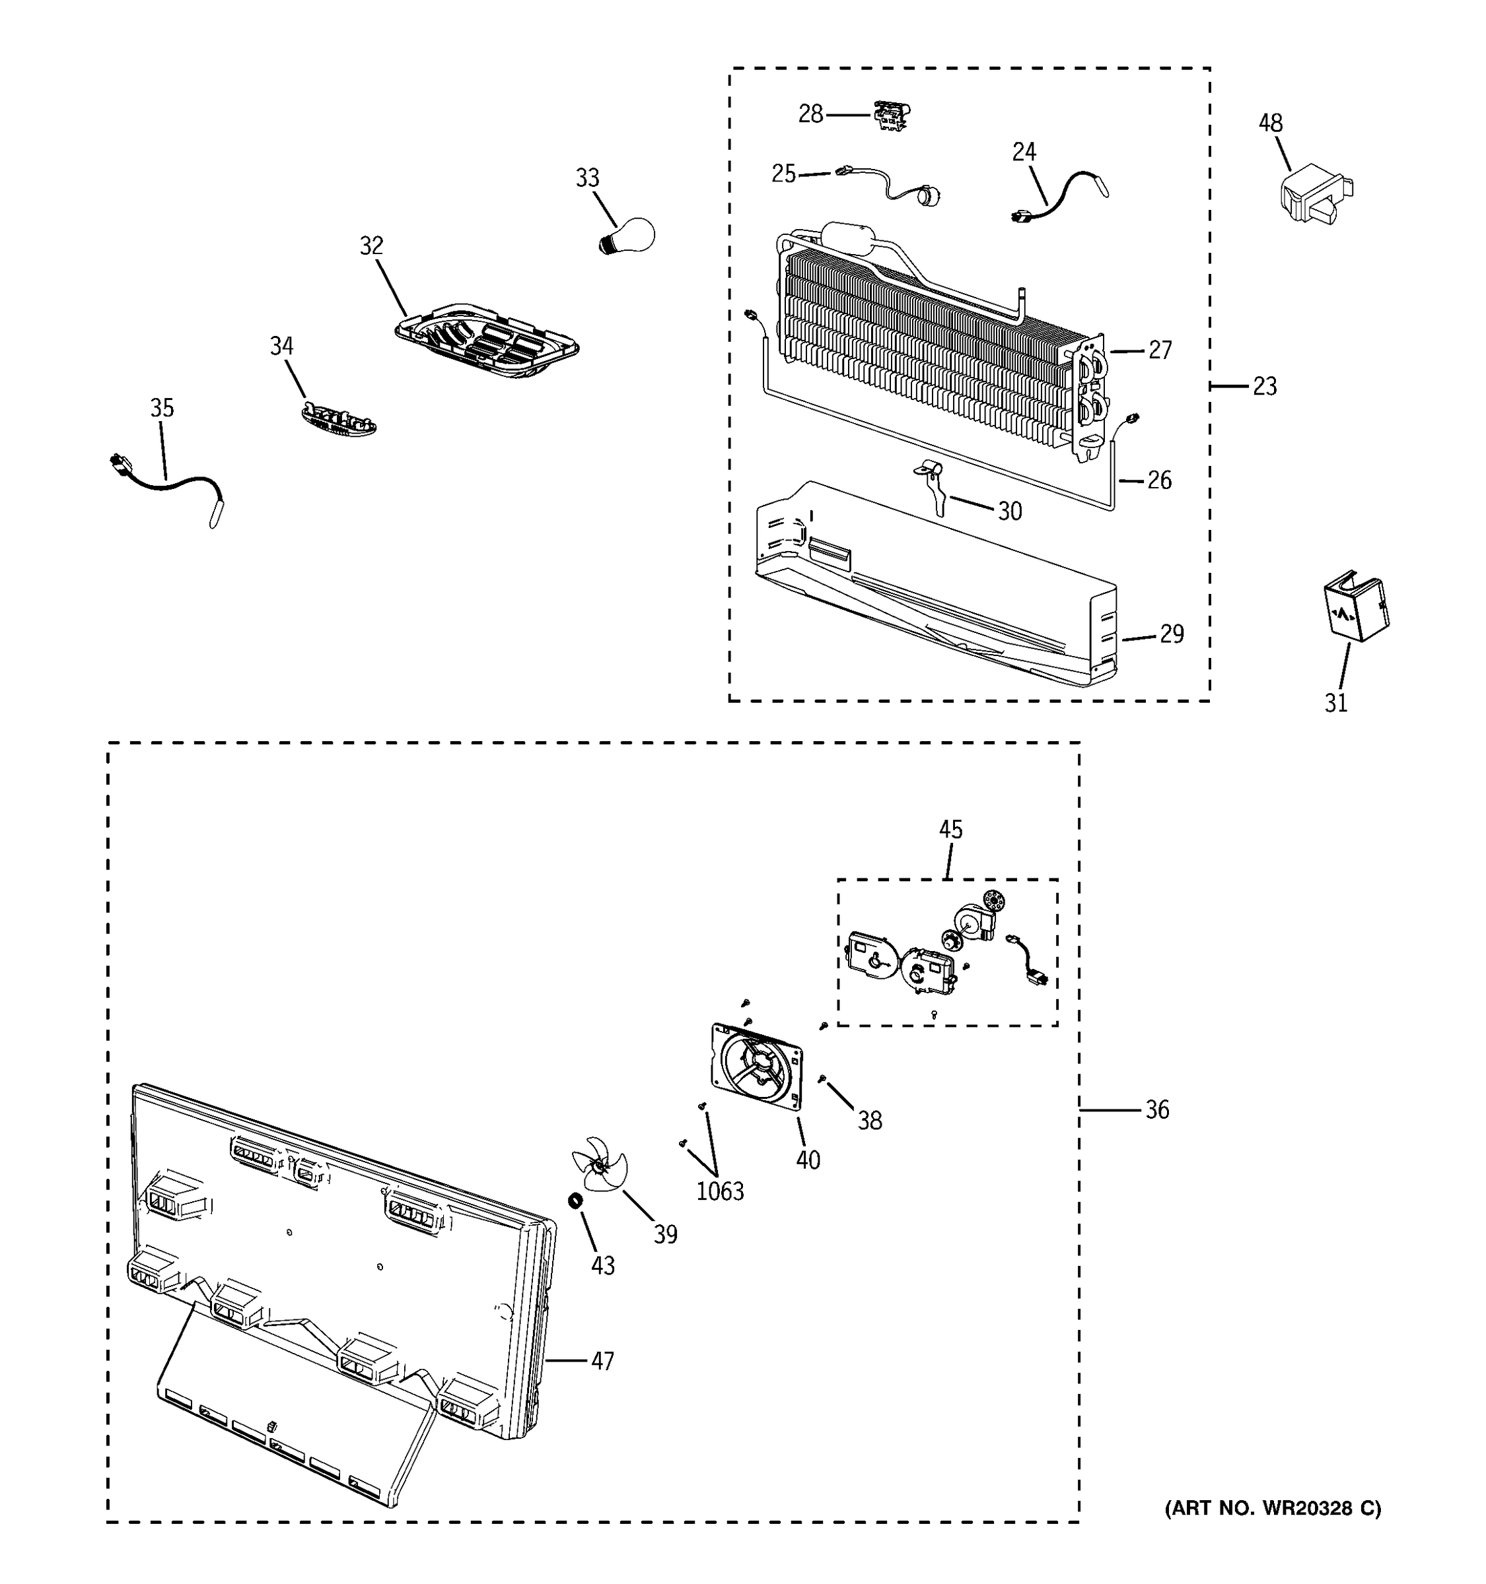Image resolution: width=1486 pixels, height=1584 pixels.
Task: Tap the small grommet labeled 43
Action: pyautogui.click(x=573, y=1200)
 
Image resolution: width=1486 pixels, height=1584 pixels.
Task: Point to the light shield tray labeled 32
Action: pyautogui.click(x=487, y=341)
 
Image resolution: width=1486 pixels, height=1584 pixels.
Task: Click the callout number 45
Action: pyautogui.click(x=950, y=830)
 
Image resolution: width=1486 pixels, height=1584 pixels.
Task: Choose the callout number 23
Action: pyautogui.click(x=1264, y=387)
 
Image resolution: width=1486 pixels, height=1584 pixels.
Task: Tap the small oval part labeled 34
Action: pyautogui.click(x=339, y=418)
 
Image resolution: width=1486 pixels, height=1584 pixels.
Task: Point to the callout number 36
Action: pyautogui.click(x=1156, y=1109)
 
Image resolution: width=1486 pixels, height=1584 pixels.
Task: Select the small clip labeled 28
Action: pyautogui.click(x=892, y=116)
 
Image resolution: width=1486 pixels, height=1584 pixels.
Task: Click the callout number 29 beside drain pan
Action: pyautogui.click(x=1171, y=634)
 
